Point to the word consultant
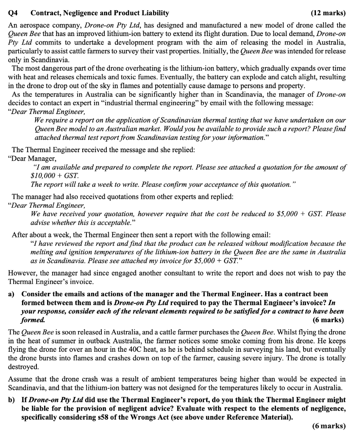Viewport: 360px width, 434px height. (232, 273)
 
